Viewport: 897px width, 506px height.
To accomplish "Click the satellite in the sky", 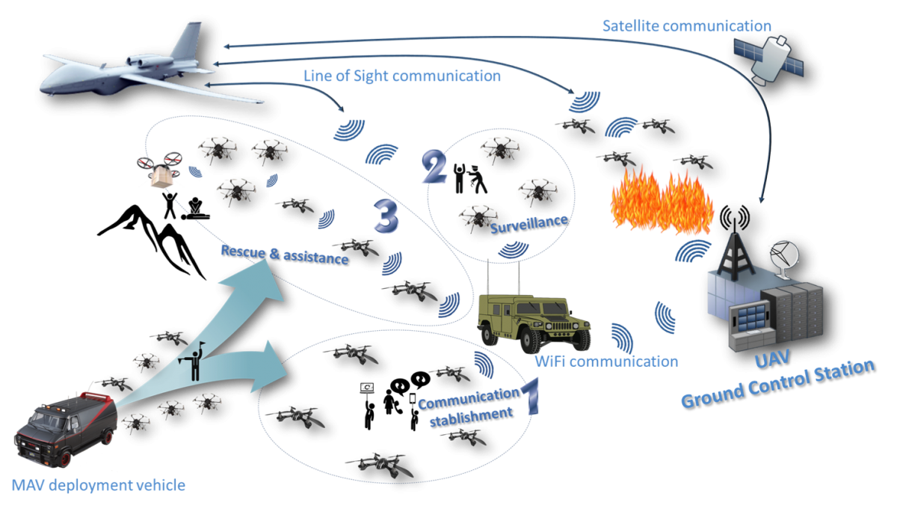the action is point(768,60).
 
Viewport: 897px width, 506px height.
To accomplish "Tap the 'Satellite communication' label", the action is point(687,26).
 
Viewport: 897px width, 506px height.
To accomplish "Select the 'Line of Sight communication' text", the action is point(402,76).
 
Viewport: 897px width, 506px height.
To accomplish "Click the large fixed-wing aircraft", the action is point(132,66).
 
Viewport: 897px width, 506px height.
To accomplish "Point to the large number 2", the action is point(434,166).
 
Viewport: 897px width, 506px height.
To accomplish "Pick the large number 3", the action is point(386,216).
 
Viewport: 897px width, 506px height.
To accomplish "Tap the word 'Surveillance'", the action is point(529,224).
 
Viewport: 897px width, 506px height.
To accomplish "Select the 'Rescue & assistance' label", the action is point(285,254).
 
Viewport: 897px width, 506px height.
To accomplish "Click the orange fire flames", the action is point(662,201).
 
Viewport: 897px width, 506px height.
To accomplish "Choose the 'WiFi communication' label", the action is point(606,362).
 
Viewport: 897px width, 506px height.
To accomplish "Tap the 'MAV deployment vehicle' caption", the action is point(99,485).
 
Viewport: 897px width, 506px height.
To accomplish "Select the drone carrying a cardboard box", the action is point(160,169).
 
